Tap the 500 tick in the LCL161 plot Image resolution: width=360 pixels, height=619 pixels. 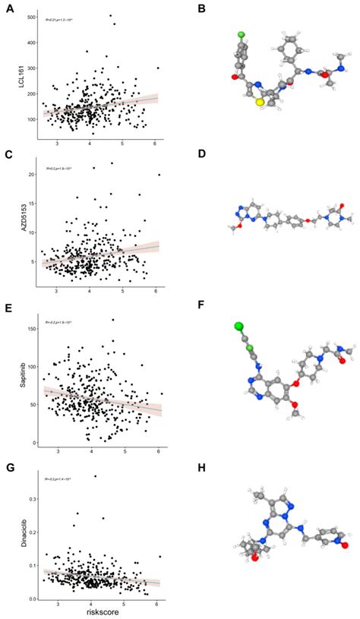(30, 17)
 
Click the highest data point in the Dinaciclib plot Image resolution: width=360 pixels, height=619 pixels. (95, 476)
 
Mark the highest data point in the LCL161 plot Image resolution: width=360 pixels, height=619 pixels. (110, 16)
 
